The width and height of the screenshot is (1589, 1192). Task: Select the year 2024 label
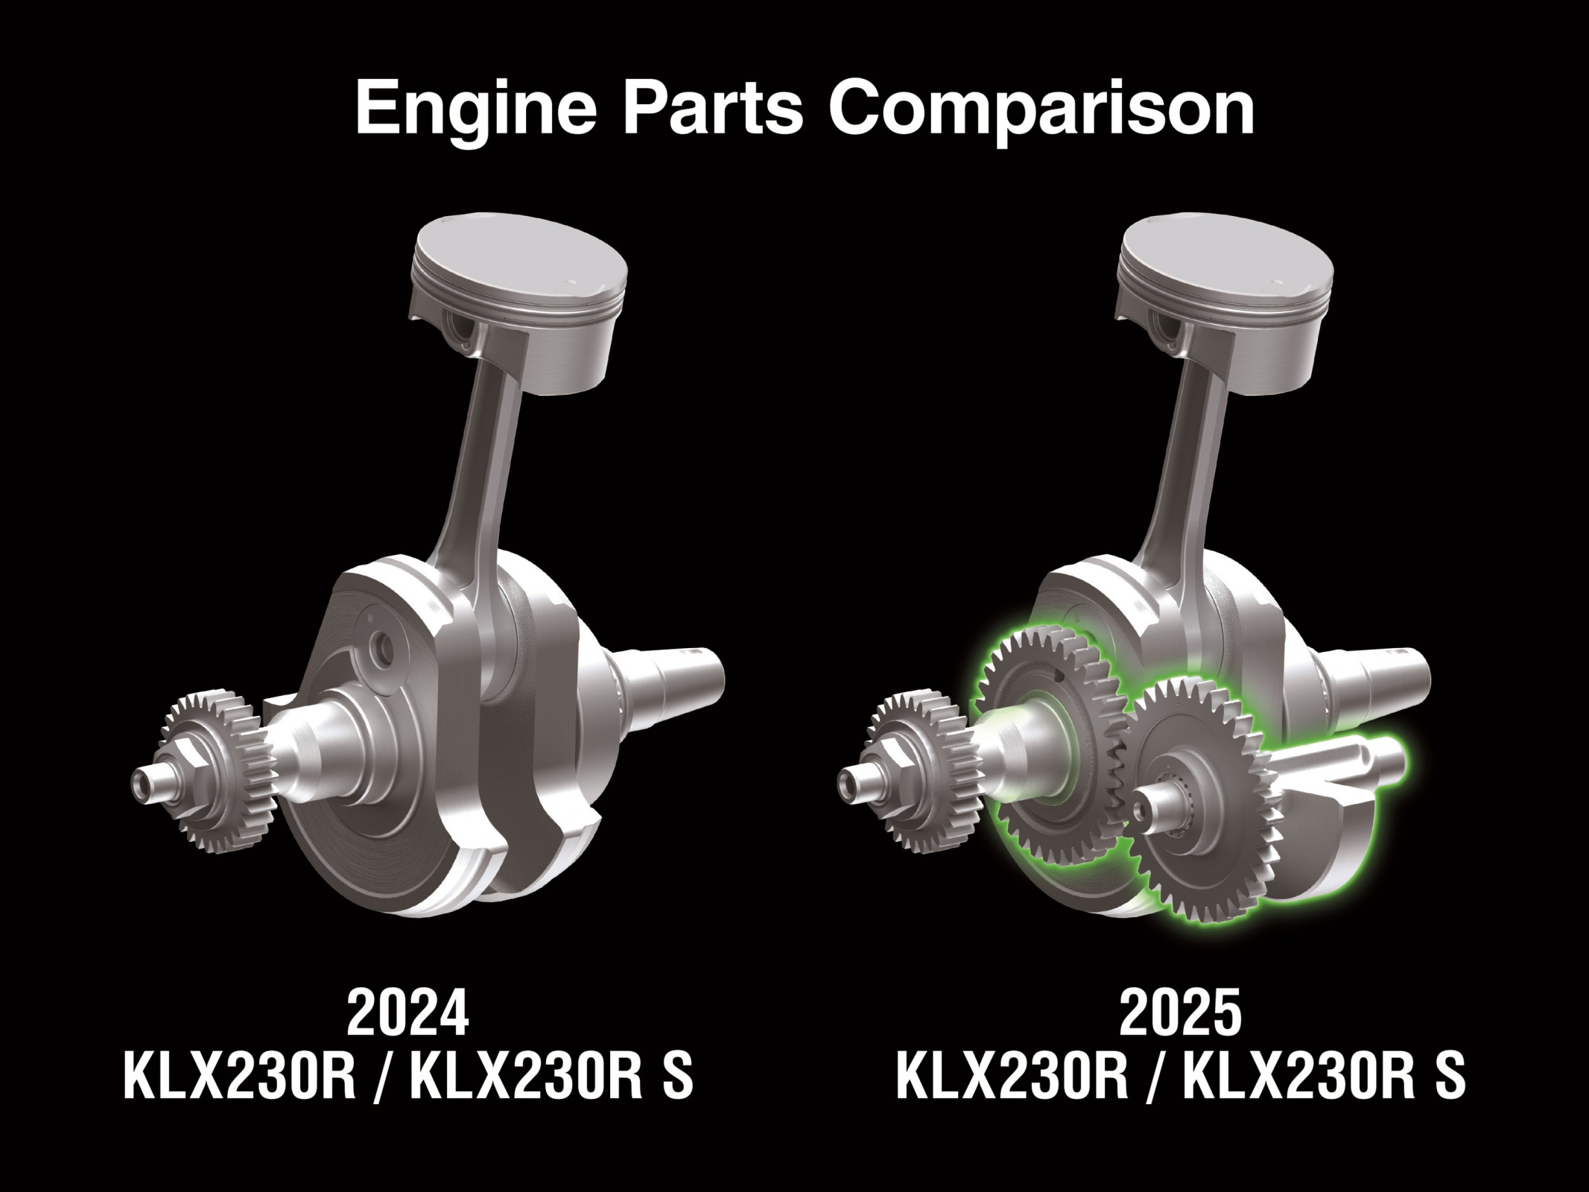click(x=407, y=1013)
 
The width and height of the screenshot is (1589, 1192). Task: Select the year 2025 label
click(x=1181, y=1013)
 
